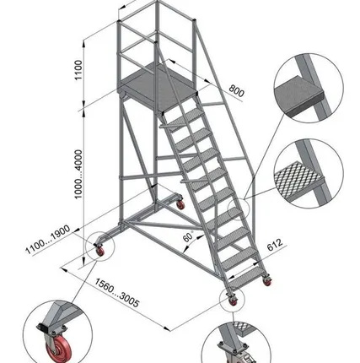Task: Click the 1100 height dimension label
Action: point(78,70)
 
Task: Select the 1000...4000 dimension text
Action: point(78,174)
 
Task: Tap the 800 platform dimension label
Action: point(236,90)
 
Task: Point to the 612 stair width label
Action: point(275,245)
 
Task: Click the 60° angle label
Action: point(188,236)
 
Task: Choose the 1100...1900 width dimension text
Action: point(48,240)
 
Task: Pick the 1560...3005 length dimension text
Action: point(116,293)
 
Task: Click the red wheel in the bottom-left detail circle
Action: point(58,349)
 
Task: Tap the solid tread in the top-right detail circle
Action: point(298,95)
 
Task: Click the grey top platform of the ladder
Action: point(159,86)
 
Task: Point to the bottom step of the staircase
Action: point(247,277)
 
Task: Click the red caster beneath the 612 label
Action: point(267,282)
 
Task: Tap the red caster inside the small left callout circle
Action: point(99,252)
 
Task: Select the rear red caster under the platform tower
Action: point(180,205)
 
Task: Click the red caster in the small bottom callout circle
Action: point(233,301)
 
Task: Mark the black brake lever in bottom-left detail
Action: point(42,328)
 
